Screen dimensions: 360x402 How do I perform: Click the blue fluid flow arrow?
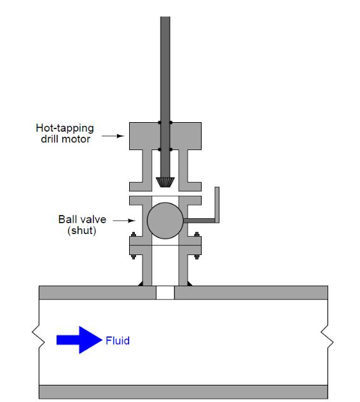[x=80, y=340]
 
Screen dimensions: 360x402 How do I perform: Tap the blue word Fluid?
[x=118, y=341]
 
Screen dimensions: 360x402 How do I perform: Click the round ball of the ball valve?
[x=165, y=221]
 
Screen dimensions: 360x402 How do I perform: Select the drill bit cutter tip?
[x=165, y=183]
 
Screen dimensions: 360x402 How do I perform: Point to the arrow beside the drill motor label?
[x=113, y=136]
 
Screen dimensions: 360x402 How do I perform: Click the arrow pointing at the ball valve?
[x=124, y=221]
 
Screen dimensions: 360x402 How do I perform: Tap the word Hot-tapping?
[x=65, y=128]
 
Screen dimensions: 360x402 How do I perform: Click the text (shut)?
[x=82, y=230]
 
